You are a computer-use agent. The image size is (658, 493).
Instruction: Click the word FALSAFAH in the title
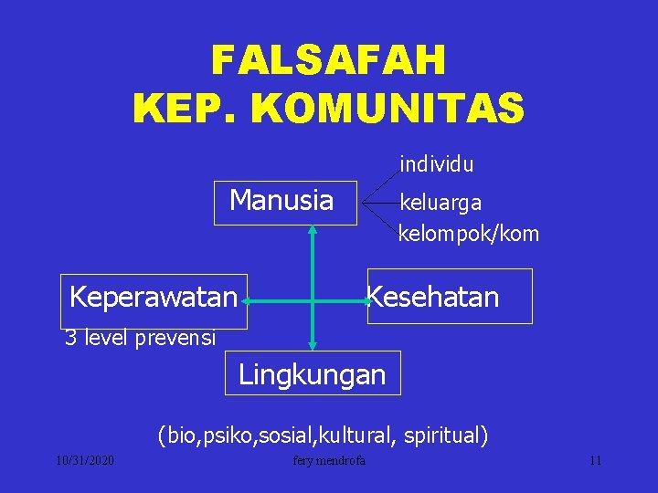tap(328, 61)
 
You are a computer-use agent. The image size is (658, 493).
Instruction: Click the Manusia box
tap(282, 200)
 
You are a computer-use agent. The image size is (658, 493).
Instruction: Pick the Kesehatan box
tap(449, 297)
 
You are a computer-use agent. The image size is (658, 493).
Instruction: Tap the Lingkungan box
tap(313, 373)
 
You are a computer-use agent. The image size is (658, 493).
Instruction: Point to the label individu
tap(436, 165)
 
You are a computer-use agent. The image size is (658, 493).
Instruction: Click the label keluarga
tap(440, 202)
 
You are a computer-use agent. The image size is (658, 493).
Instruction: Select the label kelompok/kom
tap(469, 234)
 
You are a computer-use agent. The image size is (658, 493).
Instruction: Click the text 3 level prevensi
tap(140, 339)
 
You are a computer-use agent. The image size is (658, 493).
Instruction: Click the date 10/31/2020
tap(83, 460)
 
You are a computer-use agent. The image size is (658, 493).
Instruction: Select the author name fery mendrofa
tap(329, 460)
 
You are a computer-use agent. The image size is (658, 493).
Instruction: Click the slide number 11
tap(595, 460)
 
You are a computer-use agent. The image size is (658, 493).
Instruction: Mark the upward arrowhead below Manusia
tap(313, 230)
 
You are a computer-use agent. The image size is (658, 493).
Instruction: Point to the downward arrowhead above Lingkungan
tap(313, 345)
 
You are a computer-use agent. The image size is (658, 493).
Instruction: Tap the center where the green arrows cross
tap(313, 299)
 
